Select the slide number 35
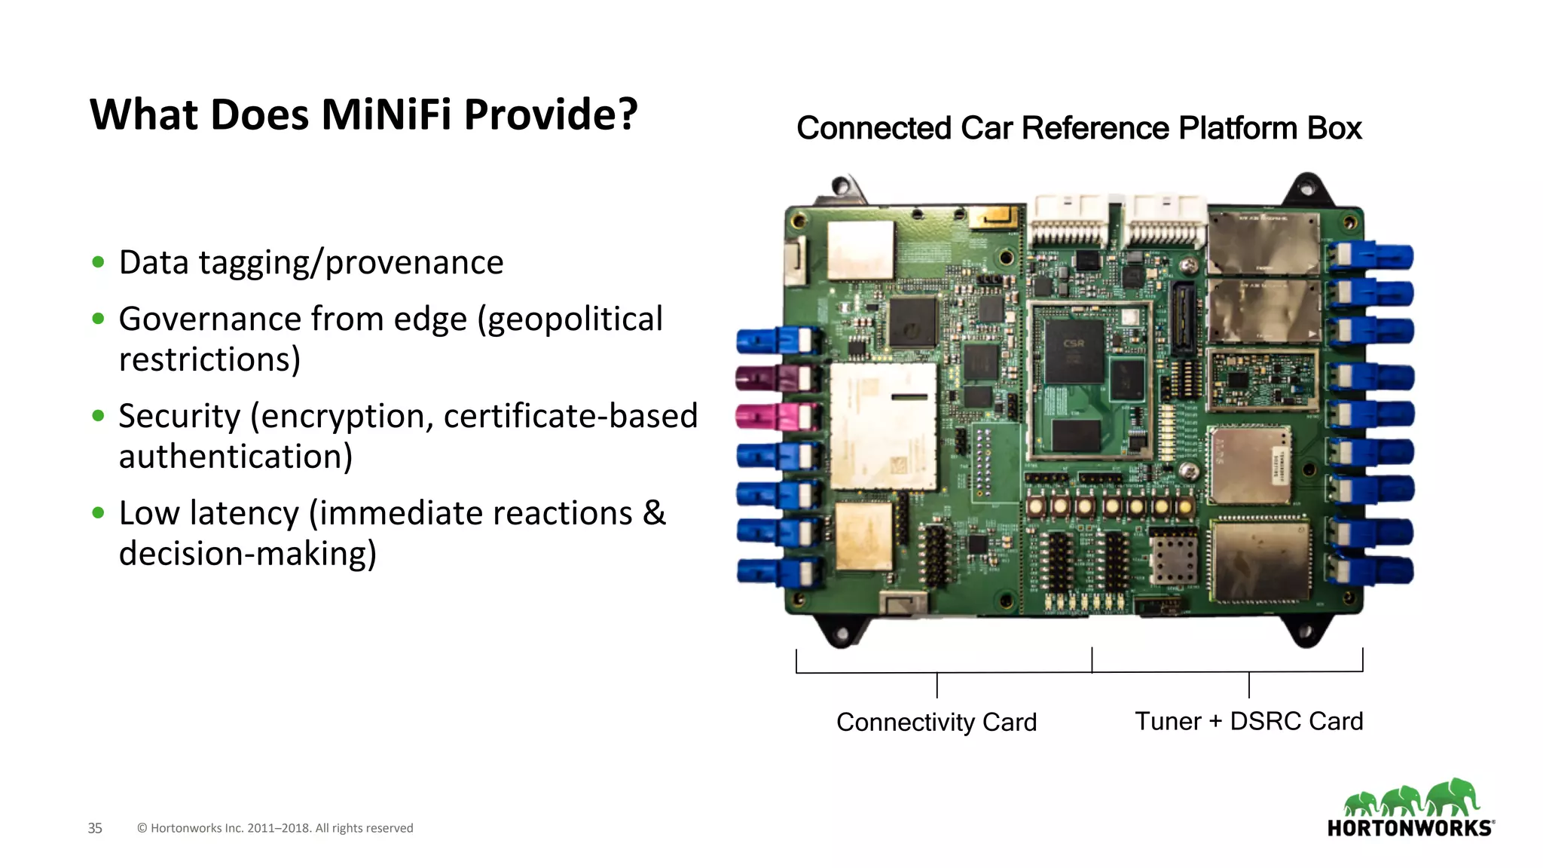pyautogui.click(x=95, y=828)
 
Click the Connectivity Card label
pyautogui.click(x=936, y=722)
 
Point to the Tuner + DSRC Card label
pyautogui.click(x=1248, y=721)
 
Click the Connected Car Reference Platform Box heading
pyautogui.click(x=1078, y=128)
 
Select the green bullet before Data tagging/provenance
pyautogui.click(x=98, y=262)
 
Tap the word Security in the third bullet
pyautogui.click(x=179, y=417)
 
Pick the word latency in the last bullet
pyautogui.click(x=244, y=514)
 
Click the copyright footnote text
pyautogui.click(x=275, y=828)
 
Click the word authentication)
pyautogui.click(x=236, y=457)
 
